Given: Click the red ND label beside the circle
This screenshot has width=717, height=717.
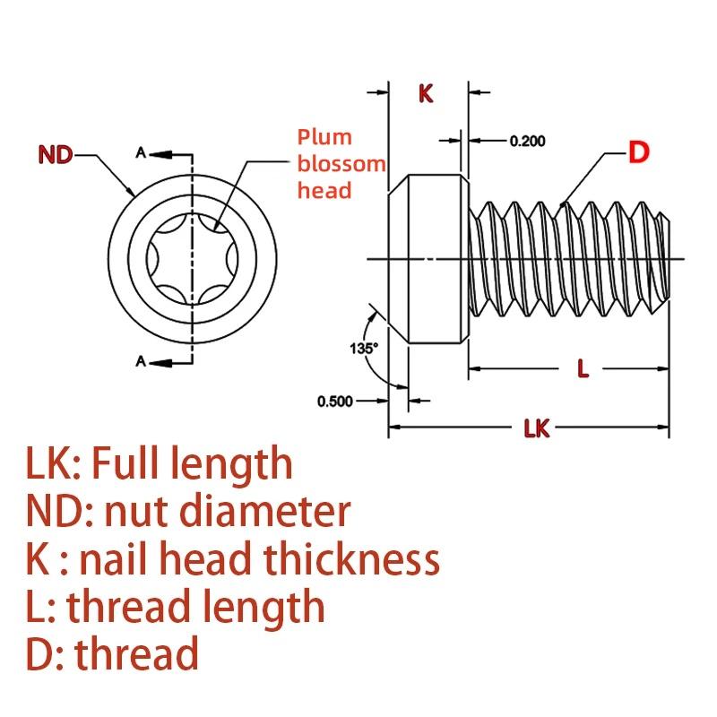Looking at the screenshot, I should coord(56,155).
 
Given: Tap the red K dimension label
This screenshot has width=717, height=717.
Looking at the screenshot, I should coord(427,93).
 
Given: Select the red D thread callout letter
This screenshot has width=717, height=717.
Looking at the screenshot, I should coord(637,152).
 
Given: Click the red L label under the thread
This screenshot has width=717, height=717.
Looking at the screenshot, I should coord(583,368).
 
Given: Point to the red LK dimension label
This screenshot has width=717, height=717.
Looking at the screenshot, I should coord(536,429).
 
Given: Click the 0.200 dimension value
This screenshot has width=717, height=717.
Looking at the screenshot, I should coord(528,141).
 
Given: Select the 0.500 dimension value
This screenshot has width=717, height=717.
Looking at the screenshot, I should coord(335,401).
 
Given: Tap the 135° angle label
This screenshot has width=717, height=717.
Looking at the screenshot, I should coord(365,346).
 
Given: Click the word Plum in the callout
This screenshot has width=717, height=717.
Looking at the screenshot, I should coord(325,137).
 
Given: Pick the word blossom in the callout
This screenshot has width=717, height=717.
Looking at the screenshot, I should coord(341,164).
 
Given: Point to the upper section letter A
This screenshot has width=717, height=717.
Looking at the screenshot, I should coord(140,153).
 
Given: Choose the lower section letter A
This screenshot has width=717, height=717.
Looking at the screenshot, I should coord(140,361).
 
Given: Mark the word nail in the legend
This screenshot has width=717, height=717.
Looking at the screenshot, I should coord(114,559).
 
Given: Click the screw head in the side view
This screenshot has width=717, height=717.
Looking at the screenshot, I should coord(427,260).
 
